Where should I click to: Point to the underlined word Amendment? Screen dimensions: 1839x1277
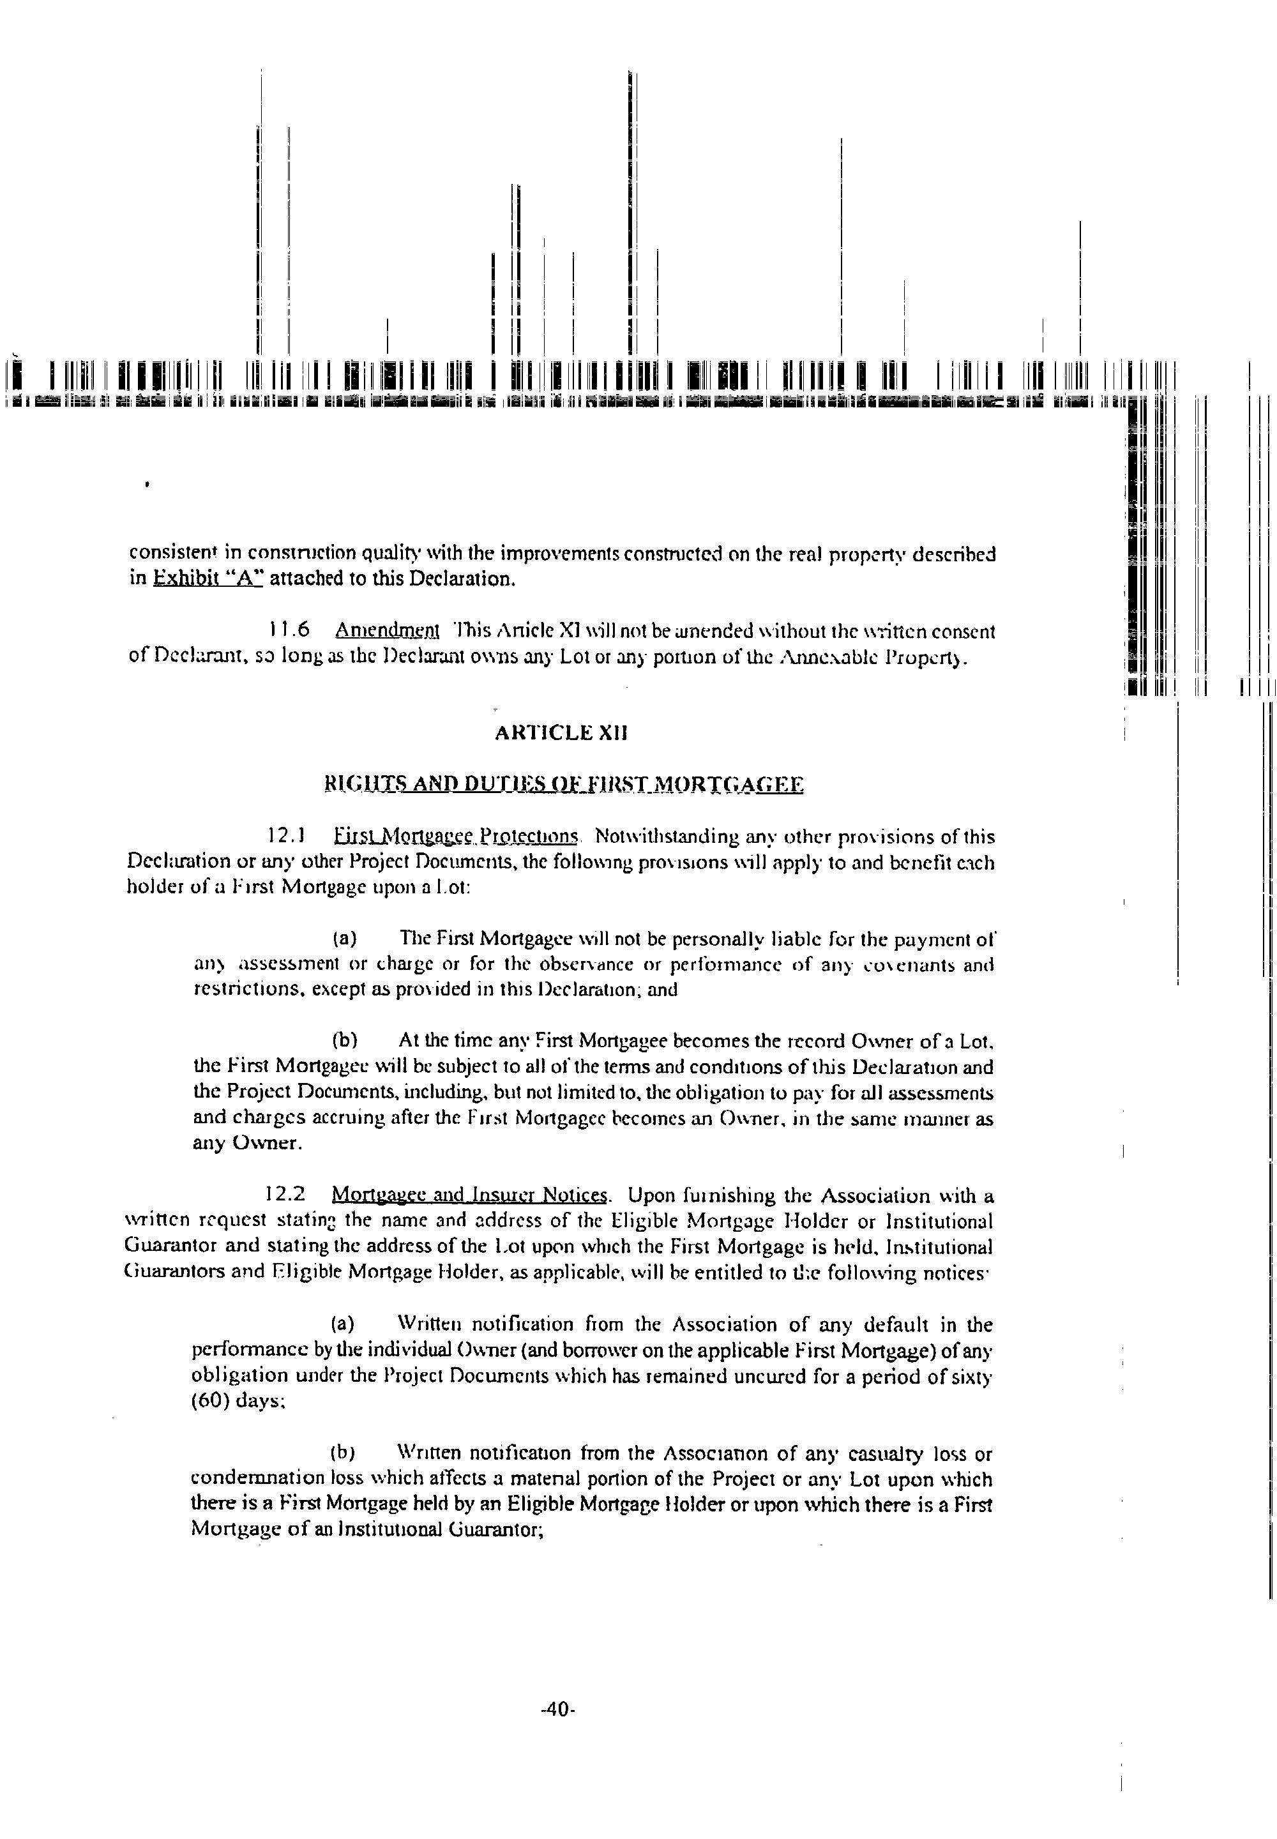[388, 631]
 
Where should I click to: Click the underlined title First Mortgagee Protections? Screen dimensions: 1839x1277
[455, 836]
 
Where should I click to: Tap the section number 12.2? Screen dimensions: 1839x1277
[285, 1195]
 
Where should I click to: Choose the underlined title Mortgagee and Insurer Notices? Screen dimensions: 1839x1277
[470, 1195]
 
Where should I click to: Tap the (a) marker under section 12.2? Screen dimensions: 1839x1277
[344, 1324]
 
